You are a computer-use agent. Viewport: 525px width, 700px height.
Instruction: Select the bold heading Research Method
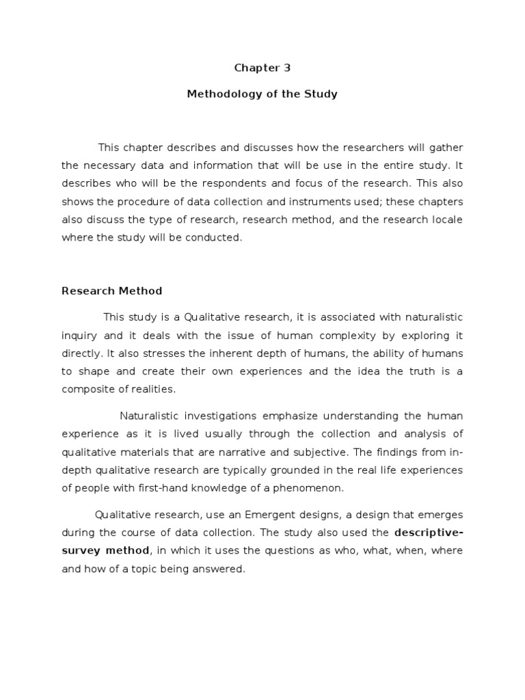coord(112,291)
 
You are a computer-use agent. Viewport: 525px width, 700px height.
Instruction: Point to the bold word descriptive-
coord(429,532)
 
